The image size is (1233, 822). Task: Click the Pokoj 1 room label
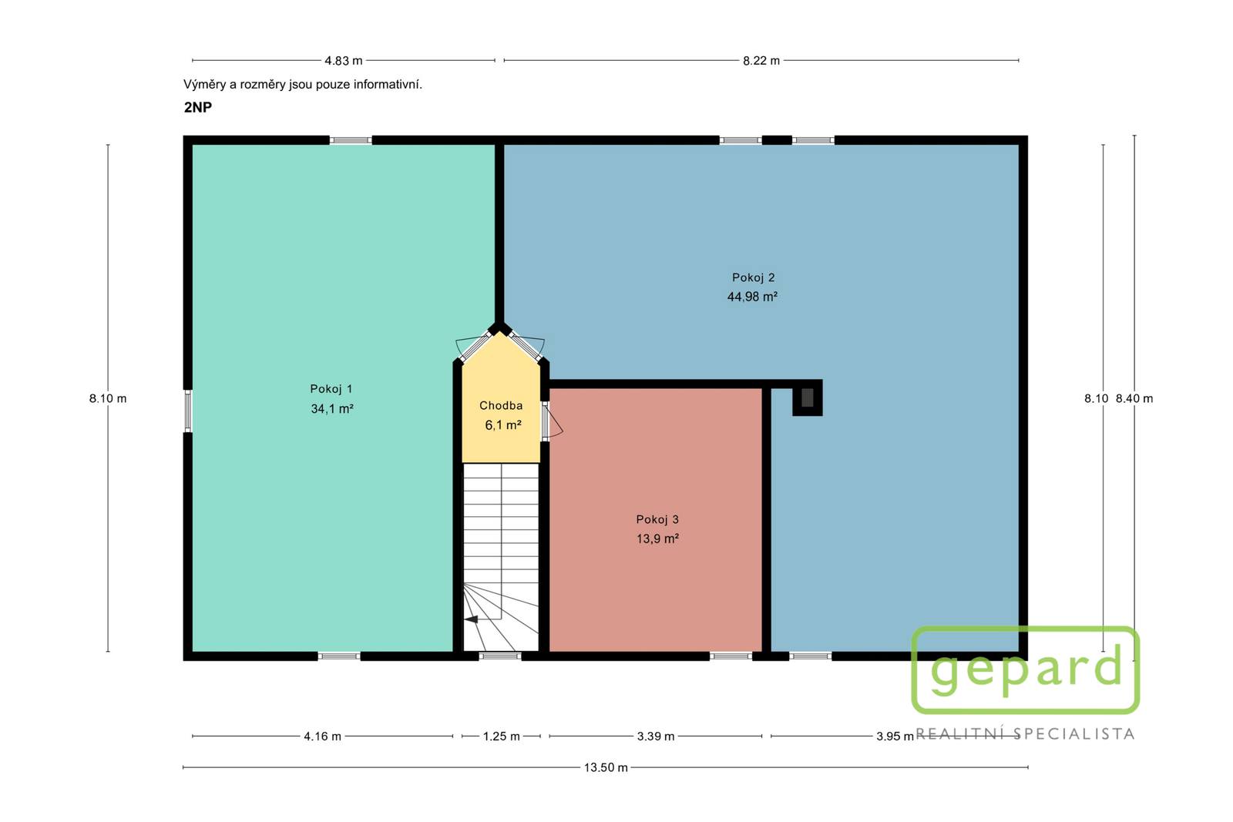[x=331, y=389]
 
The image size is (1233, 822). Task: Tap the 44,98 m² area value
[x=752, y=297]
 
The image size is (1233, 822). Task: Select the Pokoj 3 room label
[x=657, y=519]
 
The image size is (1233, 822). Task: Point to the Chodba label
[x=501, y=405]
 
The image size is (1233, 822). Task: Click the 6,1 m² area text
[x=503, y=425]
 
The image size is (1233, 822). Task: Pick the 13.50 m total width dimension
[x=606, y=767]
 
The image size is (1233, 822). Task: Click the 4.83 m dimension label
[x=344, y=61]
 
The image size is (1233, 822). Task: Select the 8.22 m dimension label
[x=761, y=61]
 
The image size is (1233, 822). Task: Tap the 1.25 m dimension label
[x=502, y=736]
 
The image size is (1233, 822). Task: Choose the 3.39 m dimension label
[x=656, y=736]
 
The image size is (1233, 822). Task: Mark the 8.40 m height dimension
[x=1134, y=398]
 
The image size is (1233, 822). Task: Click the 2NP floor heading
[x=197, y=107]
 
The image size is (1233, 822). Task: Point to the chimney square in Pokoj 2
[x=807, y=398]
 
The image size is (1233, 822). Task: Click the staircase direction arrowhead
[x=471, y=619]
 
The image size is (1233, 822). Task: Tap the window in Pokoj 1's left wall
[x=188, y=411]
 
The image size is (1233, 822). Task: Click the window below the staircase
[x=500, y=656]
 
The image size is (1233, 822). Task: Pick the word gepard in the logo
[x=1026, y=670]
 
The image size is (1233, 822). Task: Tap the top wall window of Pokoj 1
[x=351, y=140]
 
